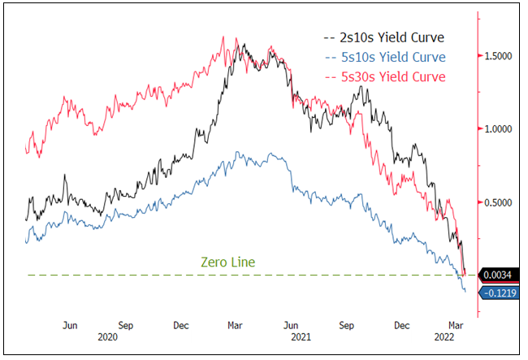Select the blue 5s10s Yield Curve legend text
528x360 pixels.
tap(384, 57)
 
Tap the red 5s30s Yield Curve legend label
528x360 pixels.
tap(384, 76)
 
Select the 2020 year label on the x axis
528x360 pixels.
tap(107, 336)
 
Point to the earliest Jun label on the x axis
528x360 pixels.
tap(71, 324)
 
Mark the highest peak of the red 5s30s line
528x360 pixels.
tap(223, 37)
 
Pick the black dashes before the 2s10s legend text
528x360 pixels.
tap(328, 37)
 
